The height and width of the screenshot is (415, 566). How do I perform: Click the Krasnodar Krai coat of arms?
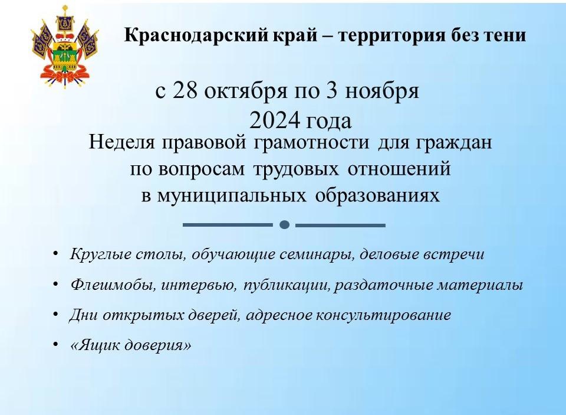(x=65, y=47)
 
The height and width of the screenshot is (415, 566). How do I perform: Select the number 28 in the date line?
(x=186, y=90)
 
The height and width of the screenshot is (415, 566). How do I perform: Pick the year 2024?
(x=275, y=120)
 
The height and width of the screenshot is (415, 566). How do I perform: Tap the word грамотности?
(x=311, y=142)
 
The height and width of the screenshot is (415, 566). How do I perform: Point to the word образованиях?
(x=377, y=195)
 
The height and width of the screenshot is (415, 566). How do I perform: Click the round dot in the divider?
(x=284, y=225)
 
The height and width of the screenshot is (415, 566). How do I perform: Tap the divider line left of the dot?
(x=228, y=225)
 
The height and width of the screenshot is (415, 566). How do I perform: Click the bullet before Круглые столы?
(x=55, y=253)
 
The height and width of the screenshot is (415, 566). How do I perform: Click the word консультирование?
(x=384, y=315)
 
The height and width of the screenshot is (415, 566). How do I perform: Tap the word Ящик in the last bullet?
(x=95, y=345)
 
